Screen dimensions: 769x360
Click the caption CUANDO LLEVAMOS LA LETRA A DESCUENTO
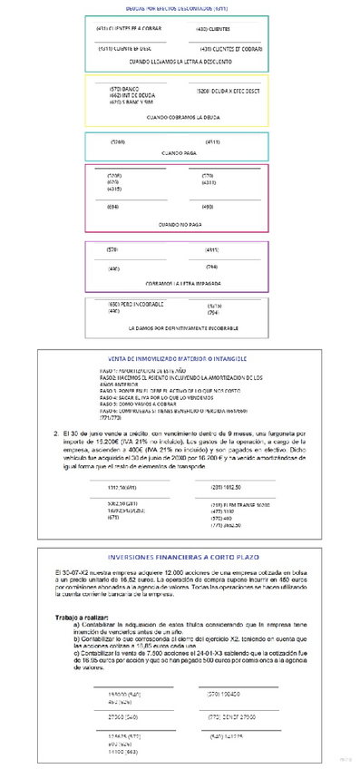click(x=177, y=62)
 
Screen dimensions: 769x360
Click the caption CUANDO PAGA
click(x=179, y=154)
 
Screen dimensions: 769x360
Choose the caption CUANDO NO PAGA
click(x=179, y=223)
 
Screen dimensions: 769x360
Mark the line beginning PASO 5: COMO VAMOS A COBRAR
click(x=139, y=404)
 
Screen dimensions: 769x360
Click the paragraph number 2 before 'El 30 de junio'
click(x=57, y=433)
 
